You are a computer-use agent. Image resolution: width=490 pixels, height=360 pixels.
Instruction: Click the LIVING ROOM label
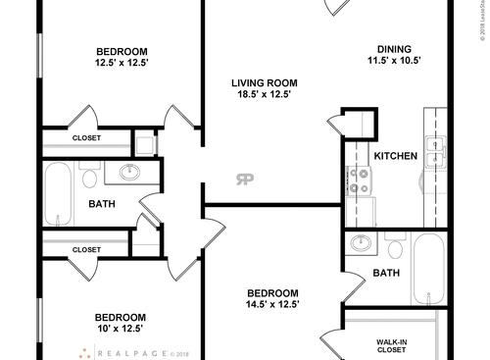[x=264, y=83]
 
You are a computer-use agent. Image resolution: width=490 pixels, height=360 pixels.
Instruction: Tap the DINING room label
[x=394, y=50]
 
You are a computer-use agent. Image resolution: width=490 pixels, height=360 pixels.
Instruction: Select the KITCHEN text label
[x=396, y=156]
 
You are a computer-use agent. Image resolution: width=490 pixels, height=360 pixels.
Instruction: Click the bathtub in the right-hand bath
[x=427, y=269]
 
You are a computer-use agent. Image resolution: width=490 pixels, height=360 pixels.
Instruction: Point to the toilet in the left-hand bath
[x=90, y=178]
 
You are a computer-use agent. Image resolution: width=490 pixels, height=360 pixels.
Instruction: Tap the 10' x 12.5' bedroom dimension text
[x=120, y=331]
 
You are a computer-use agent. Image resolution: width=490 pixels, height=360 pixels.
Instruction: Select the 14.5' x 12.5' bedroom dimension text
[x=271, y=306]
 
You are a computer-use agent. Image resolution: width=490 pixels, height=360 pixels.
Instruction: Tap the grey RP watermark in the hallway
[x=242, y=179]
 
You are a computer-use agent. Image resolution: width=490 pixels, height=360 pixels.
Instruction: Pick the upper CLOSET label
[x=86, y=138]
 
